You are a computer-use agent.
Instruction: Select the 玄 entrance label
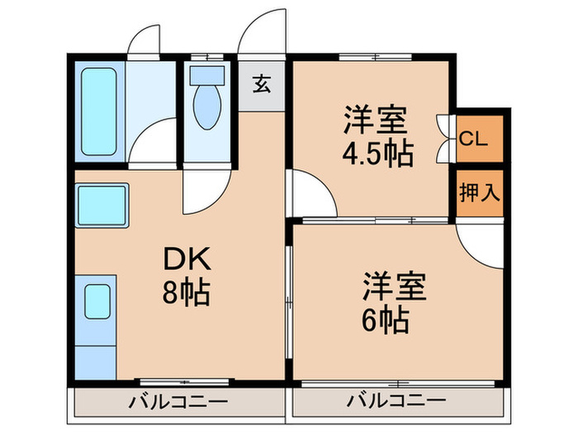click(x=261, y=83)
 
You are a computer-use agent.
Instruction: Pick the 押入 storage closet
click(x=479, y=193)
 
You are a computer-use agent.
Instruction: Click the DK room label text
click(x=187, y=261)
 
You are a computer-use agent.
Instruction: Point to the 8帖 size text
click(x=187, y=292)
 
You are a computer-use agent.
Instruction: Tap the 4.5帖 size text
click(x=377, y=153)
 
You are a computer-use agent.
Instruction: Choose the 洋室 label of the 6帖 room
click(x=394, y=288)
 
